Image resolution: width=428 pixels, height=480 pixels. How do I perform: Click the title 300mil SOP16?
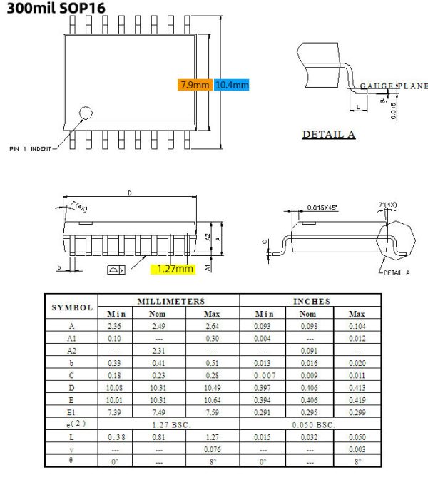[x=53, y=10]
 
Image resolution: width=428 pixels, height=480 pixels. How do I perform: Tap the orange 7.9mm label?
[x=194, y=85]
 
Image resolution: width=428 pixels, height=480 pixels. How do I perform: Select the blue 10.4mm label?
[x=232, y=85]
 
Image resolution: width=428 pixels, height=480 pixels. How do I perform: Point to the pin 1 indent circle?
[x=86, y=113]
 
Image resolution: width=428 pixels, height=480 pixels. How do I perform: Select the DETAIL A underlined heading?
[x=329, y=134]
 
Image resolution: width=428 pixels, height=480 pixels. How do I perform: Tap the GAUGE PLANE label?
[x=392, y=86]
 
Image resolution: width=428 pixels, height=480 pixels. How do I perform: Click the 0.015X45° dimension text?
[x=322, y=208]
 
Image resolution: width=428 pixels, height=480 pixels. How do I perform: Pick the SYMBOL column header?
[x=71, y=307]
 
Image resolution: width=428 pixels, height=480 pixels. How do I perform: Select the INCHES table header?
[x=312, y=302]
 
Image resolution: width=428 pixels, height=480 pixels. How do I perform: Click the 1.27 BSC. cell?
[x=168, y=424]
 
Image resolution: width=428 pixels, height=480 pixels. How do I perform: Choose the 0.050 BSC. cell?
[x=312, y=424]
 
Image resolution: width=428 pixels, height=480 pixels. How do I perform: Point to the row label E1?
[x=71, y=412]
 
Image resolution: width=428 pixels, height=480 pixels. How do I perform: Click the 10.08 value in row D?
[x=114, y=387]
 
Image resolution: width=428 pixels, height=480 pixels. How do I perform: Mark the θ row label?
[x=71, y=461]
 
